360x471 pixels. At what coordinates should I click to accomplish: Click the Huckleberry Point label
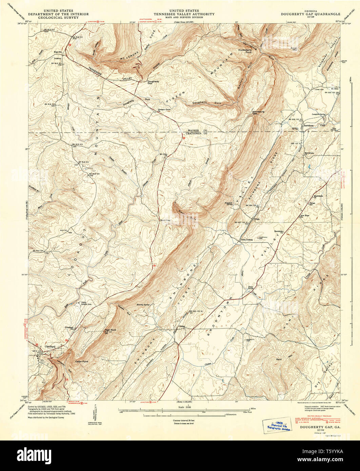click(x=245, y=51)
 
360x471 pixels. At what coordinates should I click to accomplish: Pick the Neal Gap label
click(x=165, y=220)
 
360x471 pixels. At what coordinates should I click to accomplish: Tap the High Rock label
click(x=111, y=330)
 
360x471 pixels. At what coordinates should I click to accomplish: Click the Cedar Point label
click(x=82, y=362)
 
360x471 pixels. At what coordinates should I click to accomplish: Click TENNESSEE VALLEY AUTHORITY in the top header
click(x=184, y=14)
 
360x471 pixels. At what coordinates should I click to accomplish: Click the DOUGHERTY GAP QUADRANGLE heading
click(x=311, y=14)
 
